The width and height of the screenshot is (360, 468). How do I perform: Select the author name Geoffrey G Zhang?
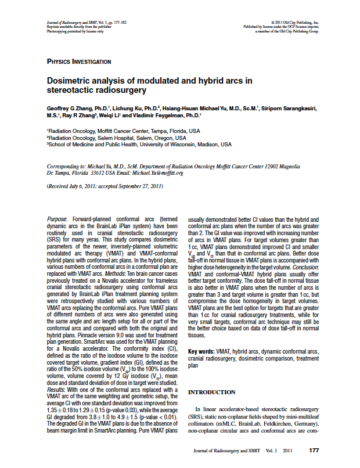tap(70, 109)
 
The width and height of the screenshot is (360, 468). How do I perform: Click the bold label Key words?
tap(201, 351)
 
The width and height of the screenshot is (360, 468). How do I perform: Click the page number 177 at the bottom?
tap(314, 449)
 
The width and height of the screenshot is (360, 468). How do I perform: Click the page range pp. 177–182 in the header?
tap(131, 22)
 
